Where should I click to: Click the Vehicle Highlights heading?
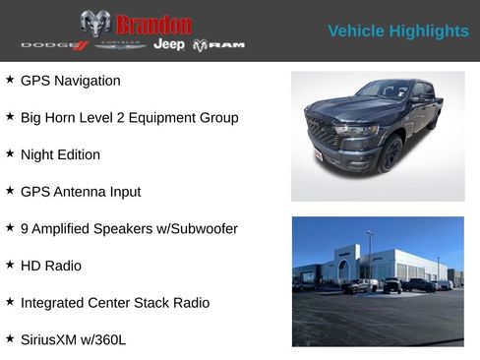[397, 31]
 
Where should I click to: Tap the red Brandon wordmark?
[153, 24]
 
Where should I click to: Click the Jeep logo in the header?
[169, 45]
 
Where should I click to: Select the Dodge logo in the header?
[54, 45]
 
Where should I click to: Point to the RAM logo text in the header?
[218, 45]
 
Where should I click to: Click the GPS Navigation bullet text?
[71, 81]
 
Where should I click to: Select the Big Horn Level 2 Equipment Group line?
[129, 118]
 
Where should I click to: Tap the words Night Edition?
[60, 154]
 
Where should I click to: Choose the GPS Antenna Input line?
[81, 192]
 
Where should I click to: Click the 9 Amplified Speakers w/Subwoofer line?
[129, 229]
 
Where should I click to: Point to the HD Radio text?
[51, 266]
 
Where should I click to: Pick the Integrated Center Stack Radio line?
[115, 303]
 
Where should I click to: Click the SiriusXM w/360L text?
[73, 340]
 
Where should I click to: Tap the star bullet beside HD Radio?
[10, 265]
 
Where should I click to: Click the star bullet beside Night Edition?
[10, 153]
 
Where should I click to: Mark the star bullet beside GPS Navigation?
[10, 80]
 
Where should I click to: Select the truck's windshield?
[384, 91]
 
